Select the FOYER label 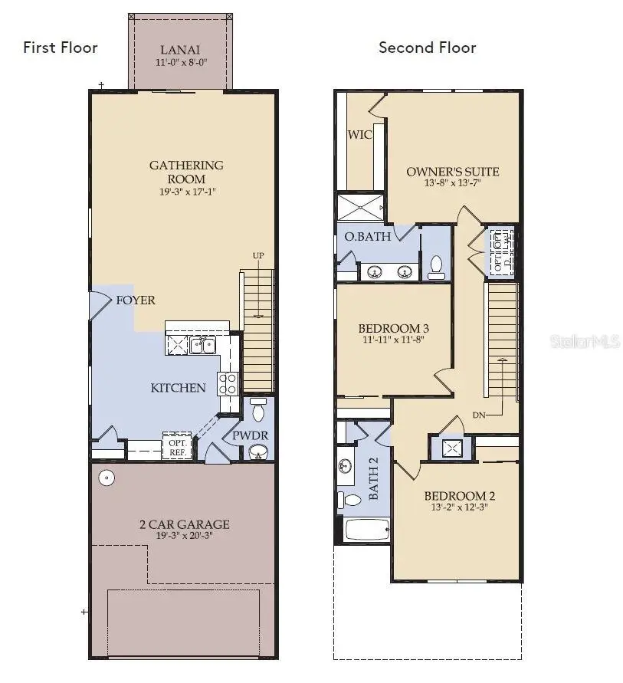pos(136,300)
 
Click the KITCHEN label pos(178,388)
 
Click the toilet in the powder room pos(258,411)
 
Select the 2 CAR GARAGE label pos(183,524)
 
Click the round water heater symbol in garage pos(107,478)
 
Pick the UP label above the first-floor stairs pos(259,256)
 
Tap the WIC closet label pos(360,135)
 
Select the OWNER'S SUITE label pos(452,172)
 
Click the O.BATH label pos(368,236)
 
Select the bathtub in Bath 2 pos(367,530)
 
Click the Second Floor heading pos(427,48)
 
